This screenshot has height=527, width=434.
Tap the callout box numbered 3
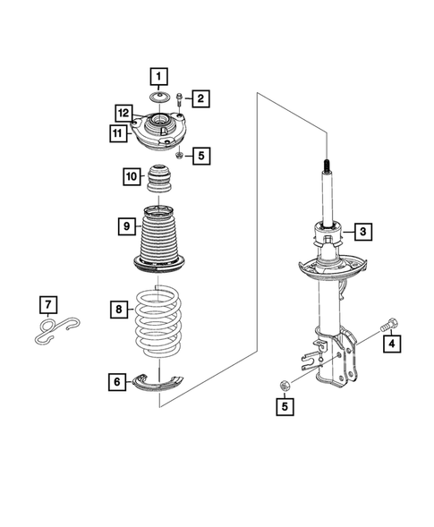[362, 232]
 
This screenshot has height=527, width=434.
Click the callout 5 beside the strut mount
[200, 156]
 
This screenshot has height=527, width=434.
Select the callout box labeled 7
[119, 310]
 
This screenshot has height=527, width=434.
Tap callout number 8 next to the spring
[126, 227]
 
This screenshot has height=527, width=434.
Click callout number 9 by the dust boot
[132, 176]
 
